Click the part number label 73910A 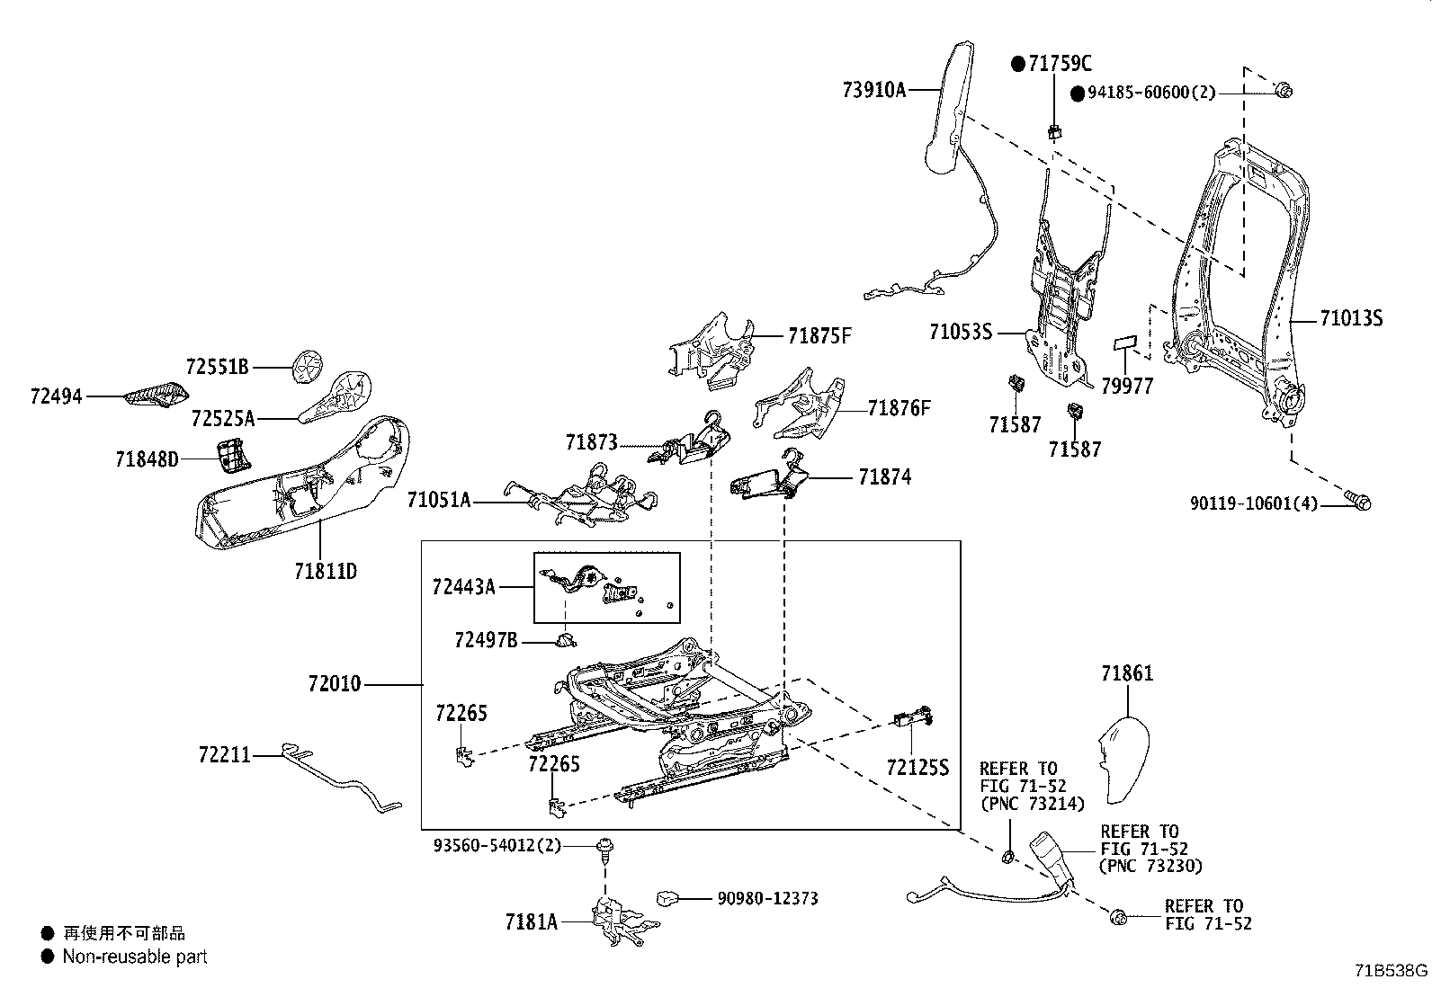(x=874, y=90)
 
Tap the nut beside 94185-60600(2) (x=1284, y=90)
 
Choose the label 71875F (x=819, y=337)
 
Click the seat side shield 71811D (x=297, y=485)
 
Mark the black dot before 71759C (x=1018, y=64)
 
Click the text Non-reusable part (x=135, y=957)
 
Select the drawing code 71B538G (x=1392, y=971)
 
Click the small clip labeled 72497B (x=565, y=639)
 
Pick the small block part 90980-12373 (x=667, y=897)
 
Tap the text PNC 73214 (x=1032, y=803)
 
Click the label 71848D (x=147, y=459)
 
